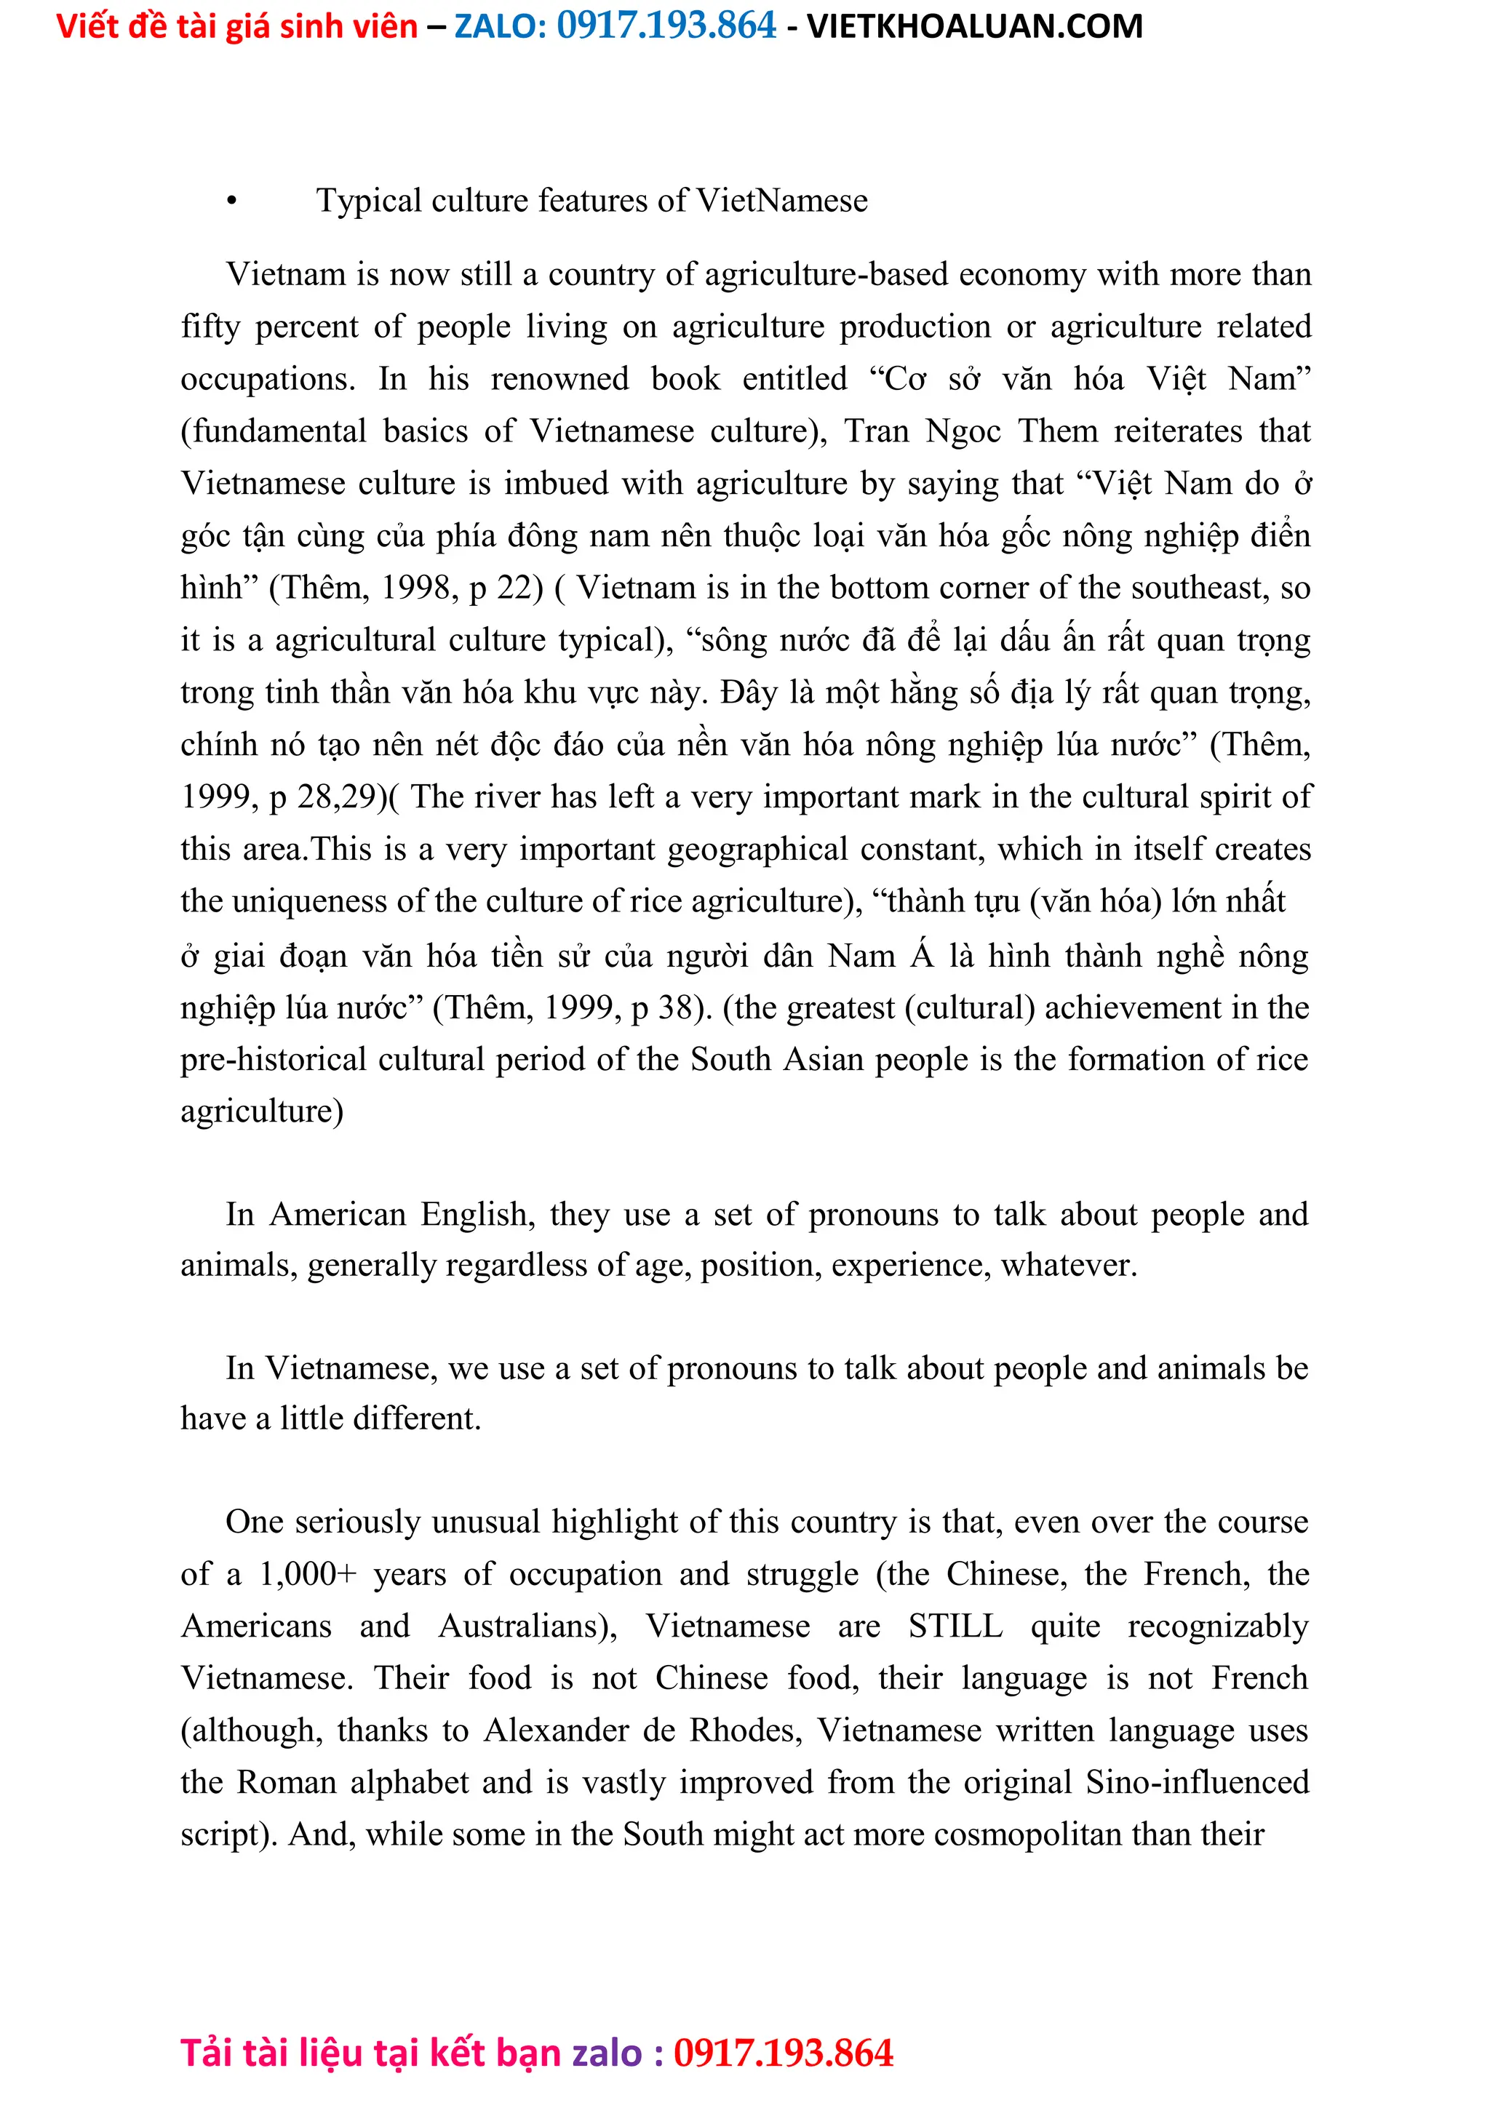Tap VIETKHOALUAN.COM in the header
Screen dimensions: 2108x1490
coord(974,25)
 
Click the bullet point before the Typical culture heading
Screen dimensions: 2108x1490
coord(231,201)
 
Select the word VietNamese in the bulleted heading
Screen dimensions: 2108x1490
coord(781,200)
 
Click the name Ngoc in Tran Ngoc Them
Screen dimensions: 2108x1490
coord(962,431)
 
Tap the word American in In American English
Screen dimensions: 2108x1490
coord(337,1214)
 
